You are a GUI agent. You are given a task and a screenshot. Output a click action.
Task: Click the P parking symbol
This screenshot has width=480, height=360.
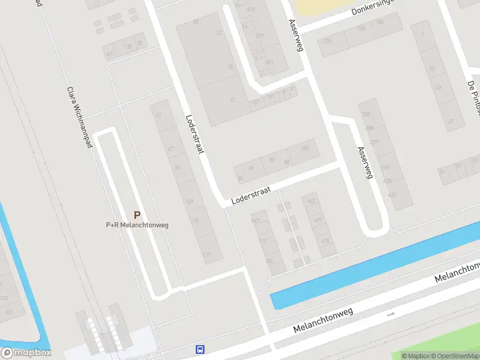point(137,215)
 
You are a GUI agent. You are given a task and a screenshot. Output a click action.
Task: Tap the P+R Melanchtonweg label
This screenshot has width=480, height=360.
point(137,225)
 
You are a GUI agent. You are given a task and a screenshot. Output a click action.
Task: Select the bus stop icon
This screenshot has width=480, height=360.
point(200,349)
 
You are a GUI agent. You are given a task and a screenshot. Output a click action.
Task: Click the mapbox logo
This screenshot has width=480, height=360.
point(26,353)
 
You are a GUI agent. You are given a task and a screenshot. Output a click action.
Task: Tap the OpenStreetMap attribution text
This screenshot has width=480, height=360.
point(455,356)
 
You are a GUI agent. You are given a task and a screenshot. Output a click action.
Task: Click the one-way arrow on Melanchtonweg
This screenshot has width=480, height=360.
point(391,314)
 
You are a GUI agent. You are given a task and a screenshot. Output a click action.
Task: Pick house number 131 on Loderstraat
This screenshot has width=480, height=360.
point(207,255)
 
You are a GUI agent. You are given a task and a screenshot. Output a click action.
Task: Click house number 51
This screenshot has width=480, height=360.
point(158,115)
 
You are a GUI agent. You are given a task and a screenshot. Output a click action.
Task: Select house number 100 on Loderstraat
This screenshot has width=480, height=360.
point(305,148)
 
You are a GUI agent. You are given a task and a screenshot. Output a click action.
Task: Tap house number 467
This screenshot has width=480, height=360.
point(311,201)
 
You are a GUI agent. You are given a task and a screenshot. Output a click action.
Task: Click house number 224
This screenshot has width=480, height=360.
point(328,41)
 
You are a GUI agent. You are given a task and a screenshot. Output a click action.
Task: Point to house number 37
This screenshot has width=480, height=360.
point(451,121)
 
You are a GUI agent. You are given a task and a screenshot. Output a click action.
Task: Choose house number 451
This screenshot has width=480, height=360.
point(269,62)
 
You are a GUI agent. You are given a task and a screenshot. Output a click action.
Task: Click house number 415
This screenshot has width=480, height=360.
point(250,10)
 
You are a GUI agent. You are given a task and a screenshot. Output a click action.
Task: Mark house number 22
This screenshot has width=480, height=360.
point(233,100)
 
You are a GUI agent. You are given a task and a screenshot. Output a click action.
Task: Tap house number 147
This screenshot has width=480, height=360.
point(256,221)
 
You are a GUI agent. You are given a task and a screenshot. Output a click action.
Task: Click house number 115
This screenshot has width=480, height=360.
point(195,221)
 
